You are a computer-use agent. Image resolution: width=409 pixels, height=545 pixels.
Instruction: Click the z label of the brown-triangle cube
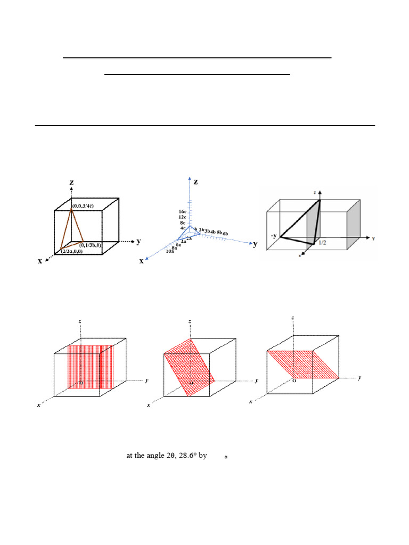point(72,182)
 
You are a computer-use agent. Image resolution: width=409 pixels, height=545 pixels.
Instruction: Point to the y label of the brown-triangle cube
point(138,241)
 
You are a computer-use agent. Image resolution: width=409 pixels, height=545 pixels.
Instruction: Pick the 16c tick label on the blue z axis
point(183,212)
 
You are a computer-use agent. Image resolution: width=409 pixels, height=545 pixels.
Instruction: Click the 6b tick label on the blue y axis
point(225,234)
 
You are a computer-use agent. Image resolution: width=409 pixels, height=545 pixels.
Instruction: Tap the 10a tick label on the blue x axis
point(170,250)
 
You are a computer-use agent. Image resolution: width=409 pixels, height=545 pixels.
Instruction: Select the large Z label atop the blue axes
point(195,182)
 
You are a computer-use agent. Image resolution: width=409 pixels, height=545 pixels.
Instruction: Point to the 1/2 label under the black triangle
point(322,243)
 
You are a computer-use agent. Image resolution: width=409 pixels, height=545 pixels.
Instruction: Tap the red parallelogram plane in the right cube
point(302,364)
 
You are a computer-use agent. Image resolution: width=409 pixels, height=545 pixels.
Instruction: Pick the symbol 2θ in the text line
point(162,456)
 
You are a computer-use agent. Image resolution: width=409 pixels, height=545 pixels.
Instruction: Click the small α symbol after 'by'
point(226,457)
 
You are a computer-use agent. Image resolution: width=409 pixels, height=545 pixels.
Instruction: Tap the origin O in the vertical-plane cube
point(80,382)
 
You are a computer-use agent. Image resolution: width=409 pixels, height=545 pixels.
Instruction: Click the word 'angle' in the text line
point(146,456)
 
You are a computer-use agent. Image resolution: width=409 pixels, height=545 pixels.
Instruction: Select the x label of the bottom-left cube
point(39,405)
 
